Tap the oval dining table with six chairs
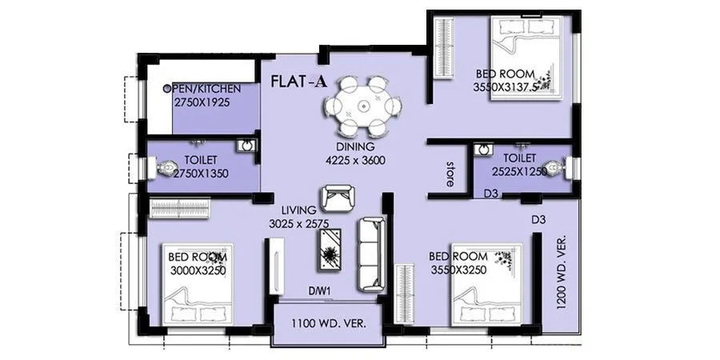pyautogui.click(x=362, y=106)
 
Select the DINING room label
pyautogui.click(x=356, y=146)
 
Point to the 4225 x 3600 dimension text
pyautogui.click(x=356, y=160)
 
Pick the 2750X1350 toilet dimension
pyautogui.click(x=197, y=173)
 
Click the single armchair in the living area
pyautogui.click(x=336, y=196)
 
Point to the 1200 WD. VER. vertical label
pyautogui.click(x=561, y=273)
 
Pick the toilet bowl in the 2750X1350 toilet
pyautogui.click(x=164, y=168)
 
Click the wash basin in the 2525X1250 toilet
pyautogui.click(x=482, y=149)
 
